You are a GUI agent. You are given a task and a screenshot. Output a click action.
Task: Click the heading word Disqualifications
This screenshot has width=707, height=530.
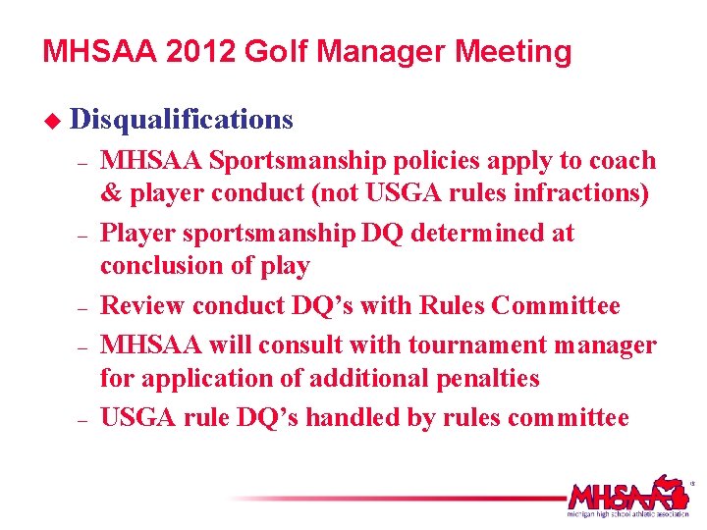[183, 120]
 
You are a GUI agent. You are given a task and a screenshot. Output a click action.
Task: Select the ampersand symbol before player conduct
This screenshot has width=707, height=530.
[111, 193]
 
